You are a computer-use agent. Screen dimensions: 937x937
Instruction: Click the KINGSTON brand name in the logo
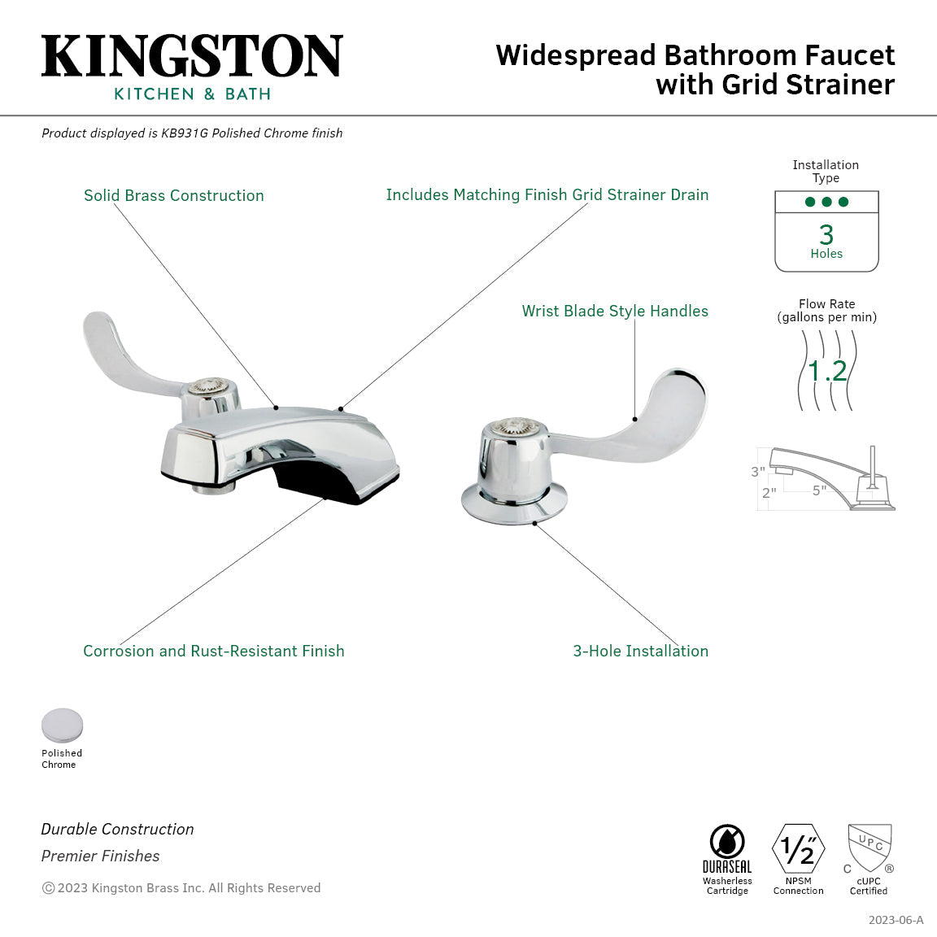[x=192, y=57]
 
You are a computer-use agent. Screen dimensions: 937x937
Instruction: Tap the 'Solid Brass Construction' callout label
[x=174, y=195]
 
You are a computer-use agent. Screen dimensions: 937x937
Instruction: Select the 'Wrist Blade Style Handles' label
[x=615, y=311]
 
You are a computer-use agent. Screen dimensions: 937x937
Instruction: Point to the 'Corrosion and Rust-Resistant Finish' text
[x=214, y=651]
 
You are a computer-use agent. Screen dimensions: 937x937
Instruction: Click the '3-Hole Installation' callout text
[x=640, y=651]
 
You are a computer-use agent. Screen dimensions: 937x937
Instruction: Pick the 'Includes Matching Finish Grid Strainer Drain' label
[x=547, y=194]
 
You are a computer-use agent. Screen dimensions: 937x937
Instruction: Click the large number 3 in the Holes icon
[x=826, y=234]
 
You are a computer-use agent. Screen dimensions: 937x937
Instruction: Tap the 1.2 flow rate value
[x=827, y=371]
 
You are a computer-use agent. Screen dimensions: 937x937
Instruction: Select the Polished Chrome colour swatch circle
[x=63, y=726]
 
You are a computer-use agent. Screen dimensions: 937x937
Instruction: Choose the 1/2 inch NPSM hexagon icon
[x=798, y=849]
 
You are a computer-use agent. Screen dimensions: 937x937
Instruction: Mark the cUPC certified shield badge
[x=869, y=848]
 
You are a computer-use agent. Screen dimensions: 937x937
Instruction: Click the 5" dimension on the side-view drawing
[x=819, y=490]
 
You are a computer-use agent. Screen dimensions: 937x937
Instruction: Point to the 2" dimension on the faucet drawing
[x=769, y=493]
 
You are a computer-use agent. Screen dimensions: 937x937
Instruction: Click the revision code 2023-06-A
[x=896, y=920]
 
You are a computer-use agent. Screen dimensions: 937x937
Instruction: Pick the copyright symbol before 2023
[x=48, y=888]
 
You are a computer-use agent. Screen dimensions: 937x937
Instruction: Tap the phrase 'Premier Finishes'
[x=101, y=856]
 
